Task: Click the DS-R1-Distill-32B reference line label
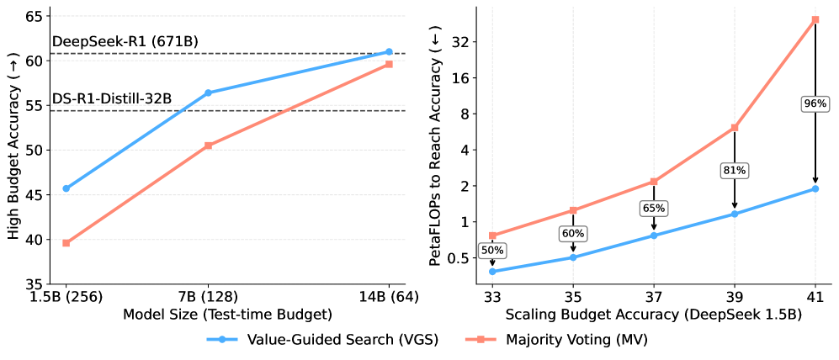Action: pos(112,99)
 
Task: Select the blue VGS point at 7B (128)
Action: pos(208,93)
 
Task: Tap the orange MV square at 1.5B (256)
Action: pos(66,243)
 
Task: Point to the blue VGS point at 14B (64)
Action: pos(389,52)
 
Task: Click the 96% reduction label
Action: pos(815,103)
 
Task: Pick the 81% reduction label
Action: pos(734,171)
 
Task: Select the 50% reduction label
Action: pos(492,250)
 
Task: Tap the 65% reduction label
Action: pos(654,208)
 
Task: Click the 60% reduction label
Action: pos(573,233)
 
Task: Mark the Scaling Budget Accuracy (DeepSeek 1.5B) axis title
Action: pos(654,315)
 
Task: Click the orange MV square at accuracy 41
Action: pos(815,19)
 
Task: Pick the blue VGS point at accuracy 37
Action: pos(654,236)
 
